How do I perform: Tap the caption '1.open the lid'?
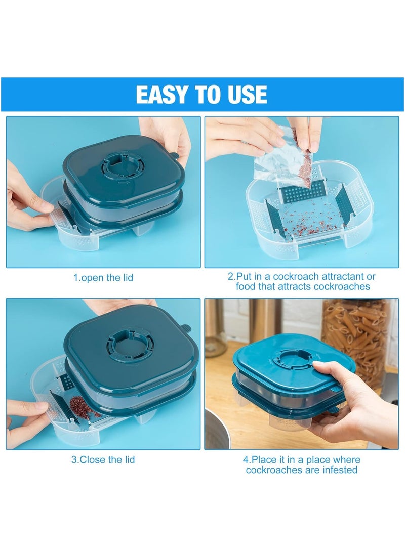[103, 278]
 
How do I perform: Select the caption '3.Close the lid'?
[103, 460]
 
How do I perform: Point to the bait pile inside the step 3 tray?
[80, 404]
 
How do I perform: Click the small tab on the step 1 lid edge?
[174, 155]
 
